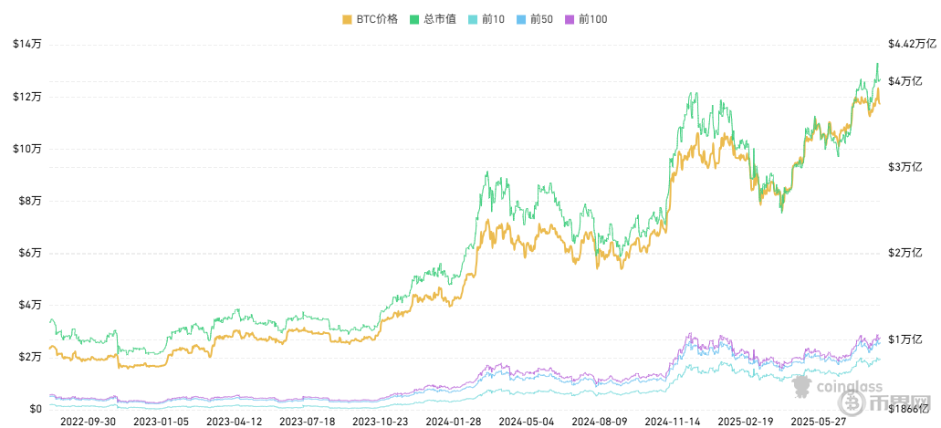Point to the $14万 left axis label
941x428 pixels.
[x=27, y=44]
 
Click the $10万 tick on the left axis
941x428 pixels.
[x=27, y=148]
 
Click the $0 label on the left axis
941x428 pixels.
[x=36, y=409]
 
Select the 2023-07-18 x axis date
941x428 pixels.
[x=306, y=423]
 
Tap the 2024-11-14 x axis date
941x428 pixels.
[x=673, y=423]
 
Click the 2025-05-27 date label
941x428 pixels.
[x=820, y=423]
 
